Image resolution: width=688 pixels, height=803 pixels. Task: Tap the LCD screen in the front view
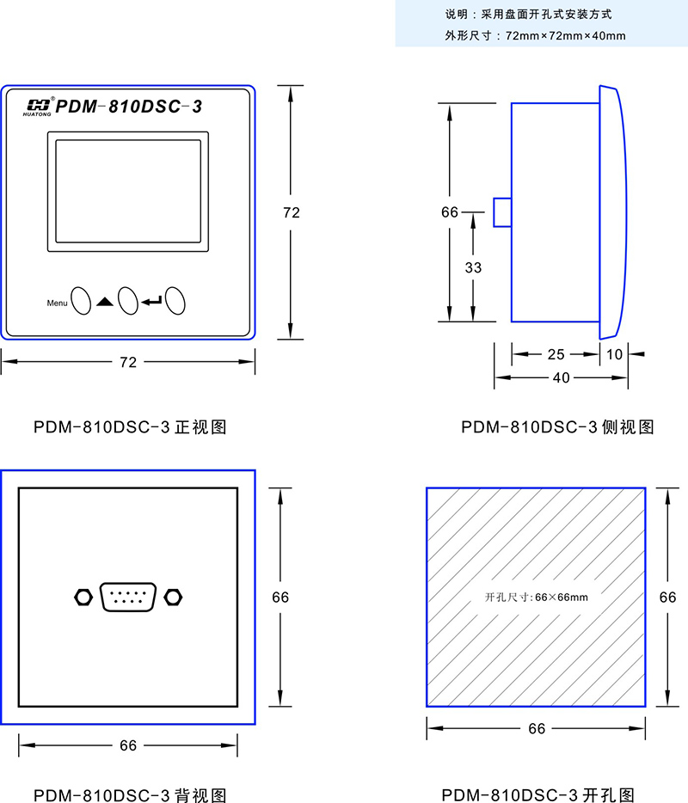pos(128,191)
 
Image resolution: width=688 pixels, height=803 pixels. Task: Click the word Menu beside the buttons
pos(57,303)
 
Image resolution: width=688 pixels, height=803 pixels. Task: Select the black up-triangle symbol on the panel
pos(105,302)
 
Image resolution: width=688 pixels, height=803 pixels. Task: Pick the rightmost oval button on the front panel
pos(176,300)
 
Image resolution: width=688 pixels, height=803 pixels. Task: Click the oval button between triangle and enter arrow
pos(128,300)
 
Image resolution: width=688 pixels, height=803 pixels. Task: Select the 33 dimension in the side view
pos(473,267)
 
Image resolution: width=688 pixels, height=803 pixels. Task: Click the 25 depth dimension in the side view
pos(556,353)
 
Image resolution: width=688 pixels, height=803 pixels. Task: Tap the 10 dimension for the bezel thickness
pos(614,353)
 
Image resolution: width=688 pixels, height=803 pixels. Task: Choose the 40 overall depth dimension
pos(561,377)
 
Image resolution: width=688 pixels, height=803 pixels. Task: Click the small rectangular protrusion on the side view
pos(502,212)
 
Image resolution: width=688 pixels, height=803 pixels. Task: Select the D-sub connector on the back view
pos(128,597)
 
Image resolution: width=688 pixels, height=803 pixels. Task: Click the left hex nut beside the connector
pos(83,596)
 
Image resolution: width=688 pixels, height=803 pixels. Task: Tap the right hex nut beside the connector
pos(173,596)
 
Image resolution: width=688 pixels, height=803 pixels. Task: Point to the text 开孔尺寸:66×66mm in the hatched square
pos(536,597)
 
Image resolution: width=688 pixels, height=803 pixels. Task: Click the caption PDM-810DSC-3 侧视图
pos(557,427)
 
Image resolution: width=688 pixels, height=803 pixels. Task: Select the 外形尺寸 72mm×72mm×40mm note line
pos(535,36)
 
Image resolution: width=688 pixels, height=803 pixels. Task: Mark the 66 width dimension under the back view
pos(128,745)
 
